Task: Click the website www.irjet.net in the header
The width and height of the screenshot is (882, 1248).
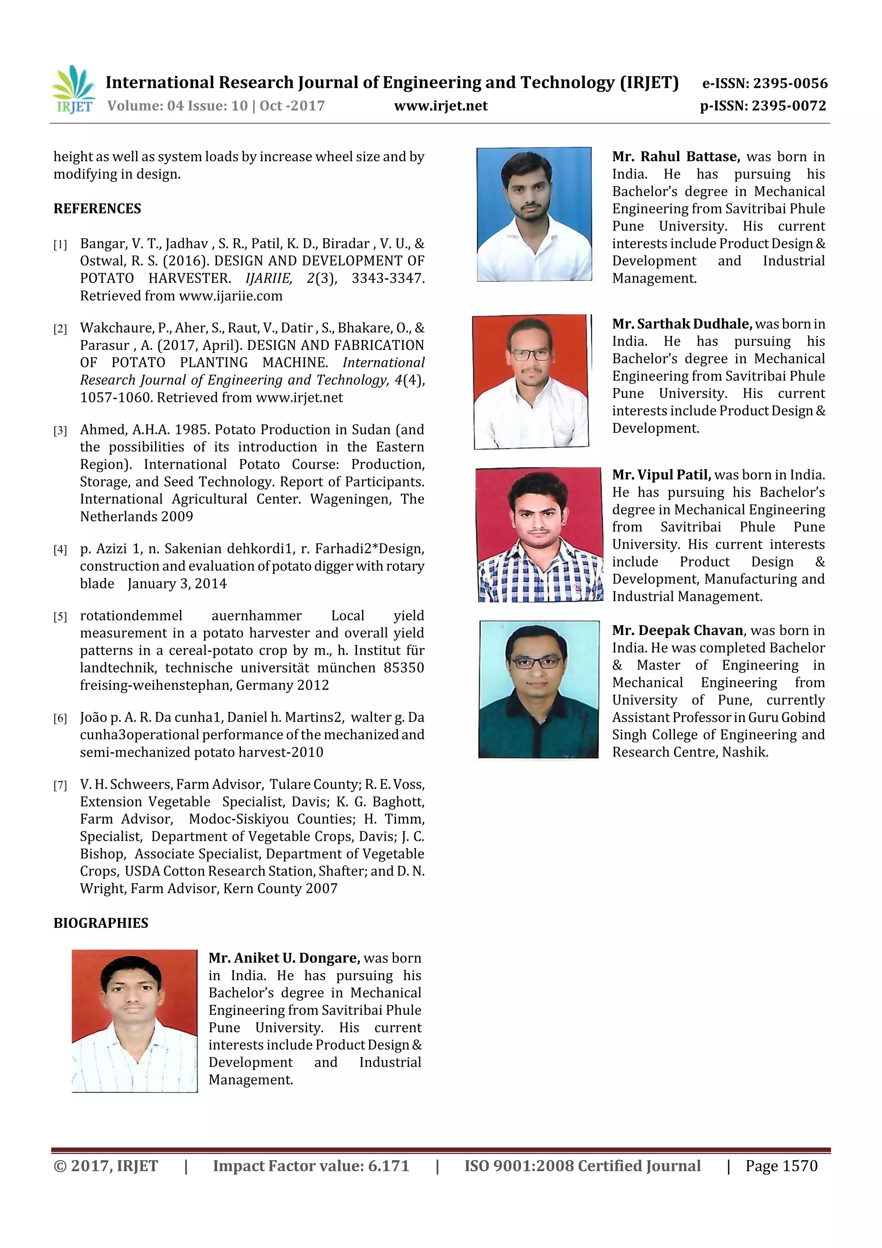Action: tap(441, 106)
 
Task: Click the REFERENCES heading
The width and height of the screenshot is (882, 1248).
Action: tap(97, 209)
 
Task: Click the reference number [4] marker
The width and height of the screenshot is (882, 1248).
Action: tap(60, 550)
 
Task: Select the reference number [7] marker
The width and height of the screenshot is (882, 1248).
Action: tap(60, 785)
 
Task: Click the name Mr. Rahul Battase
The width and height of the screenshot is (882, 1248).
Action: tap(675, 156)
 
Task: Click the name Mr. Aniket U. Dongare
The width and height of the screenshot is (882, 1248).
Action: tap(284, 958)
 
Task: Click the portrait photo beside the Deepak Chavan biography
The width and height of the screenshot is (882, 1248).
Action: tap(539, 689)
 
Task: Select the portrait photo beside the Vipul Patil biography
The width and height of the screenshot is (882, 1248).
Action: tap(539, 535)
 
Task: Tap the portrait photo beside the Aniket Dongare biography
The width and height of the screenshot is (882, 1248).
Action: tap(135, 1021)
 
